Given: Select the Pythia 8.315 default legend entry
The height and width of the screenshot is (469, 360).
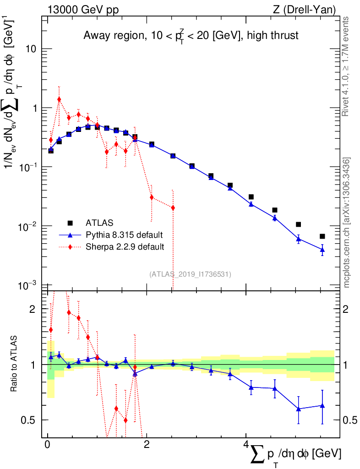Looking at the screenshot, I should (x=124, y=235).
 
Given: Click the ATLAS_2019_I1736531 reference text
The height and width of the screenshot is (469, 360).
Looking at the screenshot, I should (x=190, y=274).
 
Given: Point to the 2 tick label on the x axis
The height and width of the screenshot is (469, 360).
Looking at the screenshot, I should (x=147, y=445).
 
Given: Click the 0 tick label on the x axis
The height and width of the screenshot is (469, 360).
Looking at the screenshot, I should (x=47, y=445).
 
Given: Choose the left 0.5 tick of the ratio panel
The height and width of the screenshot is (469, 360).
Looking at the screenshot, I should (x=31, y=420).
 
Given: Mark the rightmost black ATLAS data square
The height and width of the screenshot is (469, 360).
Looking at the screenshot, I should (x=322, y=236).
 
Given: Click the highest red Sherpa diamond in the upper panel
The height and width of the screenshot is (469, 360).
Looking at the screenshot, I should (x=59, y=99).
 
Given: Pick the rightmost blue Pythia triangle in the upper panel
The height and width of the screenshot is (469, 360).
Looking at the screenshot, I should (x=322, y=249).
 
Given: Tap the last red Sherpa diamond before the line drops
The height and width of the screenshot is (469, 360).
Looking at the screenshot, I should (x=173, y=207).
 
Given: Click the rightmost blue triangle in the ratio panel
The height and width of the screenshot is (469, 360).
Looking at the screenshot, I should (x=322, y=405).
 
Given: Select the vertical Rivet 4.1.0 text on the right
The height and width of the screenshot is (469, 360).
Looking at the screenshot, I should (x=347, y=66).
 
